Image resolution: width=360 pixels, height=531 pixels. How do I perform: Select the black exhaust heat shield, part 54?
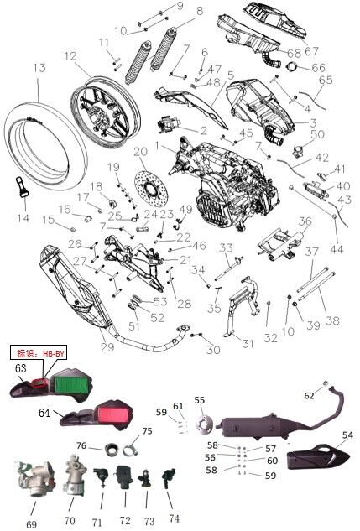(x=314, y=457)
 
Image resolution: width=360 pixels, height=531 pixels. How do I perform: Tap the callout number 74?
(x=174, y=518)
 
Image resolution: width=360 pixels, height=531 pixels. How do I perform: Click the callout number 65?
(x=325, y=80)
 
